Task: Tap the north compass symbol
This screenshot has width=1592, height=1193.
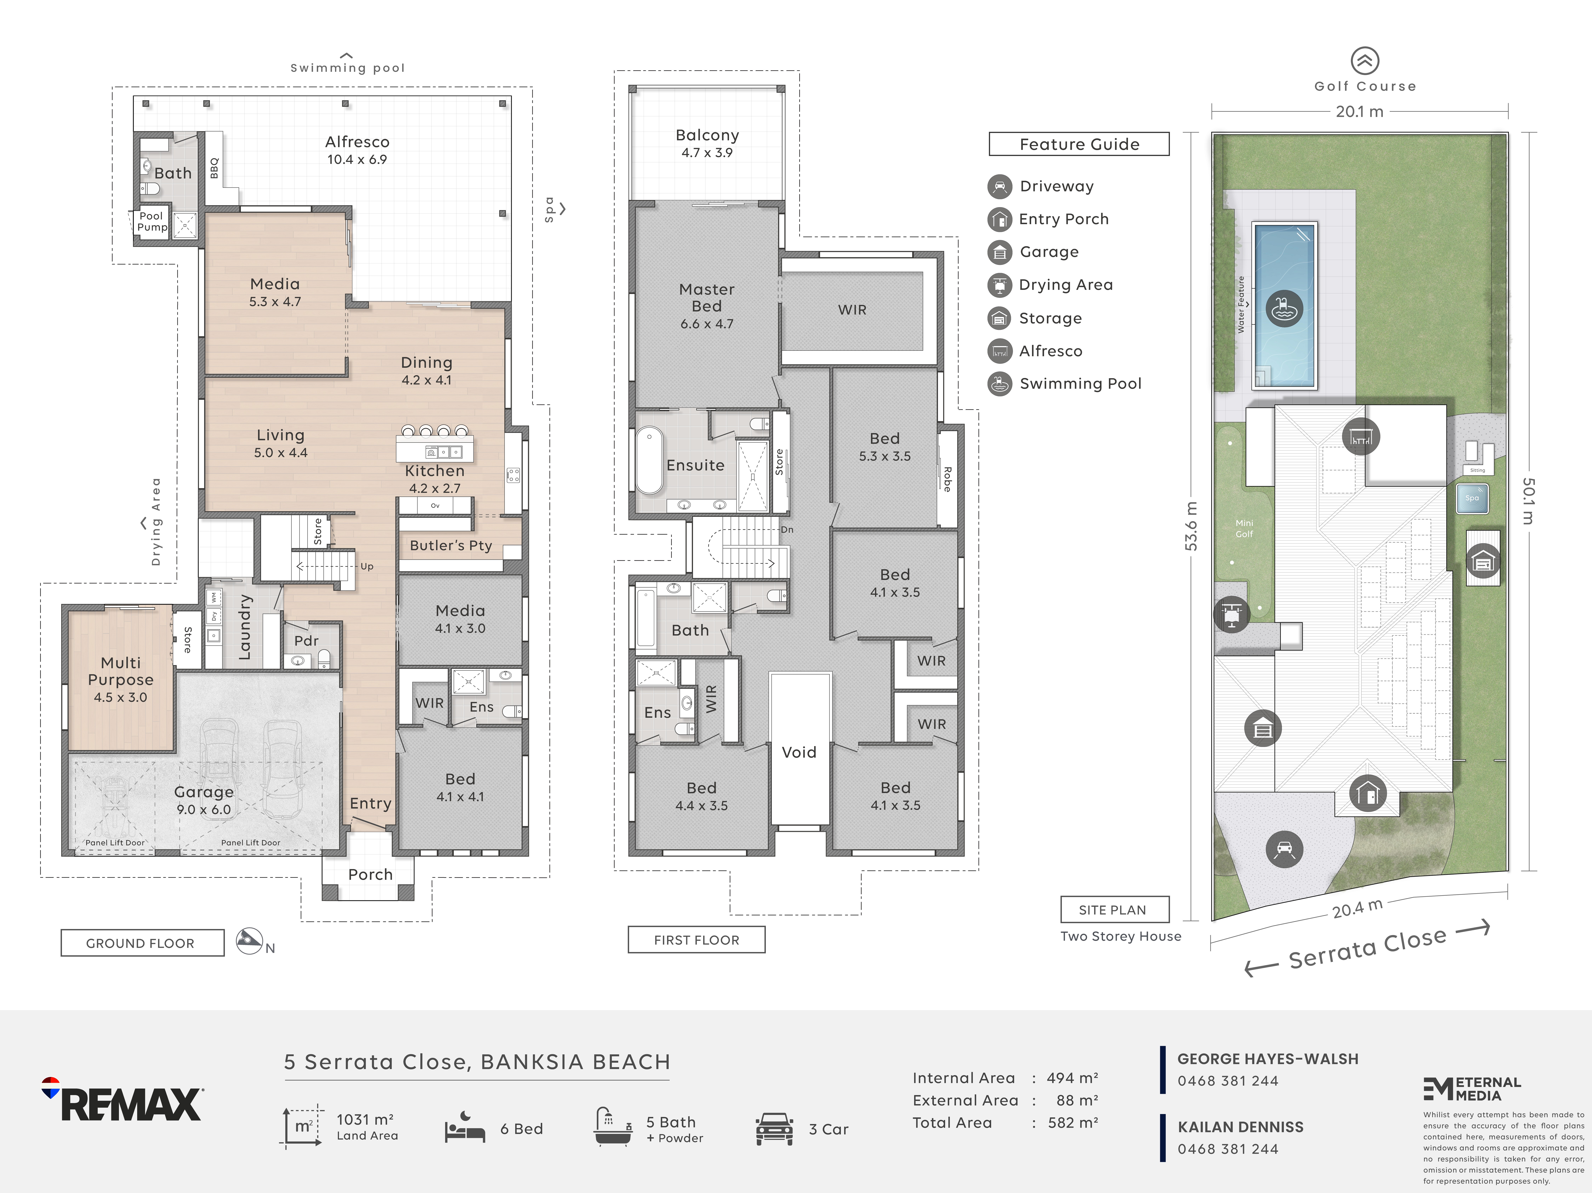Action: click(x=249, y=940)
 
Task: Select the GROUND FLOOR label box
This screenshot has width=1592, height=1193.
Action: click(x=142, y=943)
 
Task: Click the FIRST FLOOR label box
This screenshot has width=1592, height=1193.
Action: click(x=696, y=940)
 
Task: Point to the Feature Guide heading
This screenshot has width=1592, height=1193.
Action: click(x=1079, y=144)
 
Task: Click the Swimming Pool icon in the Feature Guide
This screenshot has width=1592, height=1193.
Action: click(x=999, y=384)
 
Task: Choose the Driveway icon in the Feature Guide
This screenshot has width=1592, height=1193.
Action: click(x=999, y=186)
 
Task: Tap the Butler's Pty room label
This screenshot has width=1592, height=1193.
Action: click(x=451, y=546)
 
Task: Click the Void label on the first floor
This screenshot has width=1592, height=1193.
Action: click(x=799, y=752)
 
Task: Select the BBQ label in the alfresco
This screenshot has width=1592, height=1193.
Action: click(x=214, y=168)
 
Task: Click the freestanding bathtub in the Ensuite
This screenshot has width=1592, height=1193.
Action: click(x=649, y=461)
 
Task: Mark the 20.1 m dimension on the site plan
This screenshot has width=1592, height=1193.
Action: click(x=1359, y=112)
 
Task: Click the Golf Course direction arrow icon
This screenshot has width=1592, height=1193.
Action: click(x=1365, y=61)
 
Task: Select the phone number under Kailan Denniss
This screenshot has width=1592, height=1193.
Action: click(x=1228, y=1149)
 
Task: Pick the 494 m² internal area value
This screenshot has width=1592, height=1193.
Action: click(x=1072, y=1078)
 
